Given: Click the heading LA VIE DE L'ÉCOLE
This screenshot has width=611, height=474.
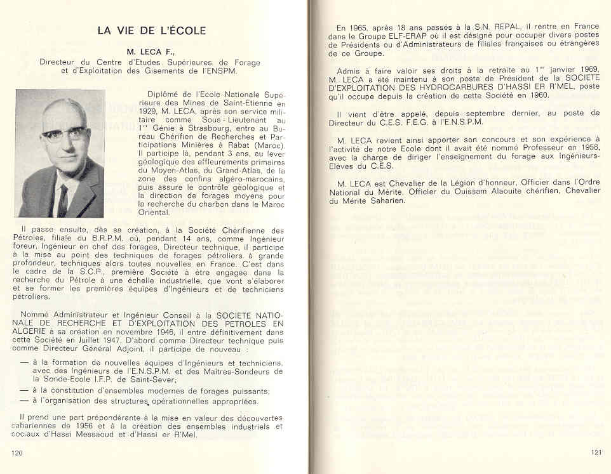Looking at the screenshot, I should pos(151,30).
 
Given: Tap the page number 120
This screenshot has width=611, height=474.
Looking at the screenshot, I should pos(17,452).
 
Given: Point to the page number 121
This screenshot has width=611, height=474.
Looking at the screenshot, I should pos(596,452).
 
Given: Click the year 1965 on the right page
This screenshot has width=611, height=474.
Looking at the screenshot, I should pos(359,28).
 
